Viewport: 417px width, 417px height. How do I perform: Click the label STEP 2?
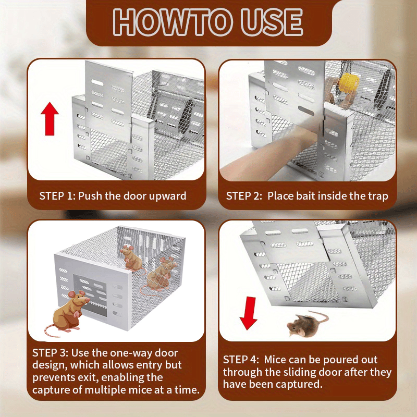pyautogui.click(x=245, y=196)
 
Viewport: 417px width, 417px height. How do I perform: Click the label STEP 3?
pyautogui.click(x=52, y=352)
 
